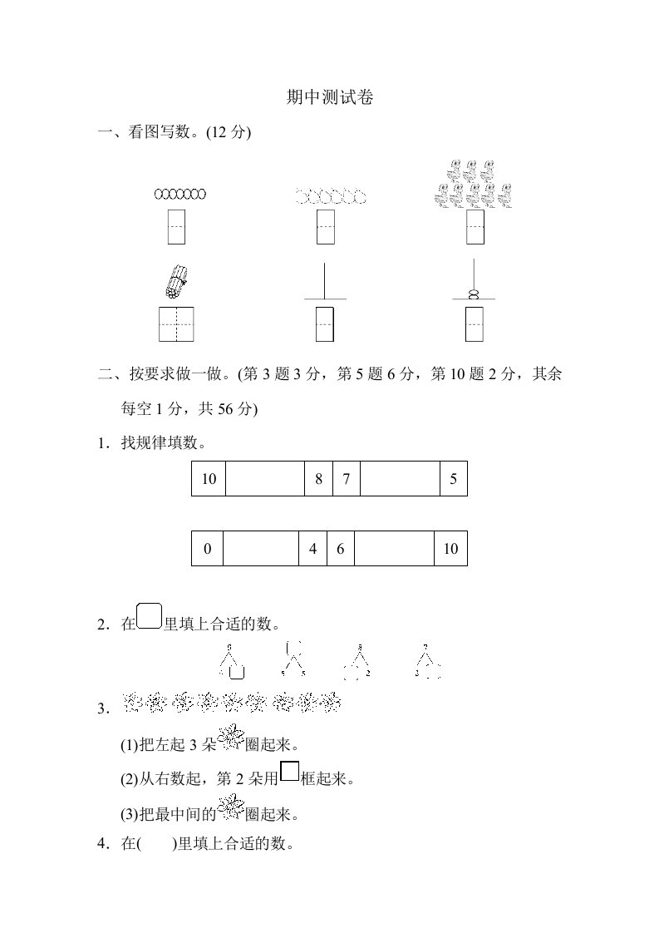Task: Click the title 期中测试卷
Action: pyautogui.click(x=329, y=97)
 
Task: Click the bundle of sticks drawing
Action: pyautogui.click(x=175, y=282)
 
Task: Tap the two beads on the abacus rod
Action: pyautogui.click(x=474, y=293)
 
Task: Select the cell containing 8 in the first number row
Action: pyautogui.click(x=318, y=479)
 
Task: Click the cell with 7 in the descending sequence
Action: pyautogui.click(x=346, y=479)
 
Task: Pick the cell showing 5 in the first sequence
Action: pyautogui.click(x=453, y=479)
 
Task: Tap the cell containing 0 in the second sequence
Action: pyautogui.click(x=208, y=549)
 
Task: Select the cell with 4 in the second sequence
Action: pyautogui.click(x=312, y=549)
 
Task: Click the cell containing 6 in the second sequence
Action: pyautogui.click(x=340, y=549)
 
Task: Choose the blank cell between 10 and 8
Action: pyautogui.click(x=264, y=479)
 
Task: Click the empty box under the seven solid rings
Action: pyautogui.click(x=176, y=227)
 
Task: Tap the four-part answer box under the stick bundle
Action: pyautogui.click(x=176, y=324)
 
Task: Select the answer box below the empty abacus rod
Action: pyautogui.click(x=325, y=324)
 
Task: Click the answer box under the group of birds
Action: pyautogui.click(x=475, y=227)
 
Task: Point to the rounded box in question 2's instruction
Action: pyautogui.click(x=149, y=617)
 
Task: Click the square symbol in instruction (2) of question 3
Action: pyautogui.click(x=289, y=773)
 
